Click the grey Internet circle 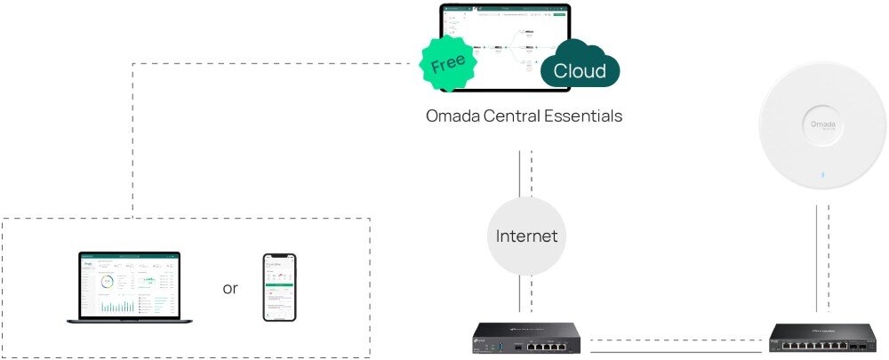(526, 236)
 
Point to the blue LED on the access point (823, 173)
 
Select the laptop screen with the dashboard (128, 284)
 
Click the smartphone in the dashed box (279, 286)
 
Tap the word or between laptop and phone (230, 288)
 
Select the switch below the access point (823, 338)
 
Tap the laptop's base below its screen (128, 322)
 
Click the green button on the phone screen (279, 285)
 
